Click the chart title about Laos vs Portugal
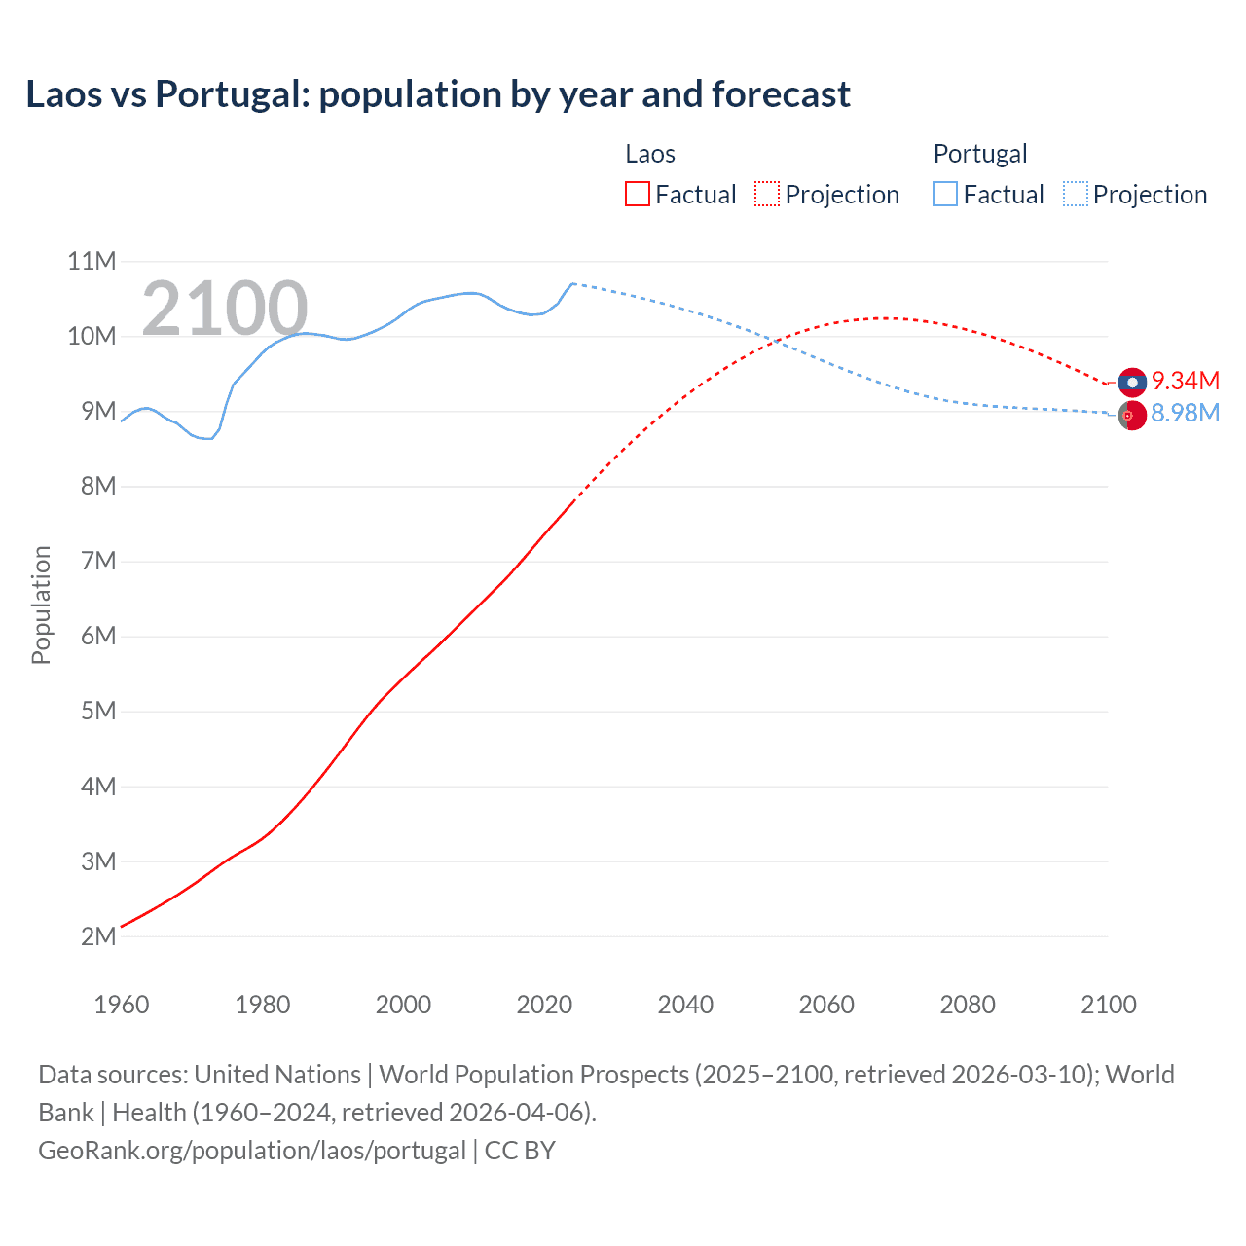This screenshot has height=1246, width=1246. point(438,94)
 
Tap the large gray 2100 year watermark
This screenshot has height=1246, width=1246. point(225,309)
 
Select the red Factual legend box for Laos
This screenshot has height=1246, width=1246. point(637,194)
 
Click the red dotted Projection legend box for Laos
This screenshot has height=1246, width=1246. point(767,194)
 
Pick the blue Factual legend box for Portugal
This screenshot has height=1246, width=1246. point(944,194)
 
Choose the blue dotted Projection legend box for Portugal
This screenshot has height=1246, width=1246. point(1075,194)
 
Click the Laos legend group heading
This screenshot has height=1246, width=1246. point(649,154)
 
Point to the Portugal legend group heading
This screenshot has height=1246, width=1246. point(979,154)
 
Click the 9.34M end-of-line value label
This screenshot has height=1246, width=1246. point(1185,381)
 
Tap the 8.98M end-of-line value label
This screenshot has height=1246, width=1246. point(1185,413)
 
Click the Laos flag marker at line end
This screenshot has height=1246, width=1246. point(1132,383)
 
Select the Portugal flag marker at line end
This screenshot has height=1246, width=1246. point(1132,416)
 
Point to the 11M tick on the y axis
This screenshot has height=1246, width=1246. point(92,261)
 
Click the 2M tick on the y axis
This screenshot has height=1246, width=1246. point(97,936)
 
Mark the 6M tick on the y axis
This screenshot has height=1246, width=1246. point(97,636)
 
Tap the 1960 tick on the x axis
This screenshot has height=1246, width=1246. point(121,1005)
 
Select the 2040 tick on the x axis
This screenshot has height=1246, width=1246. point(685,1005)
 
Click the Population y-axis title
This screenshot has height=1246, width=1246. point(41,605)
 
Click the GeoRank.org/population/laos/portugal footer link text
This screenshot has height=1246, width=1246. point(252,1150)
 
